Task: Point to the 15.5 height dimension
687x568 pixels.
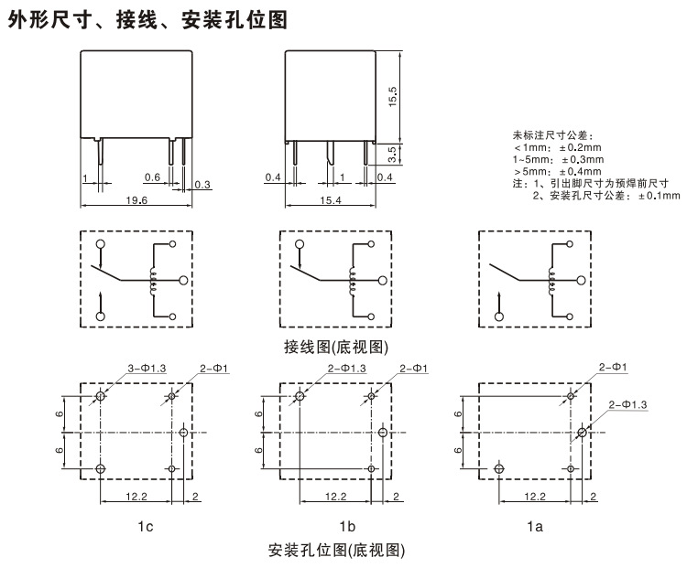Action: pyautogui.click(x=393, y=95)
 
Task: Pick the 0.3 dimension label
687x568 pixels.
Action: pyautogui.click(x=202, y=186)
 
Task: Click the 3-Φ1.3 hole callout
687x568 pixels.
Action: pyautogui.click(x=147, y=368)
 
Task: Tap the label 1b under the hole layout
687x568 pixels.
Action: pyautogui.click(x=346, y=526)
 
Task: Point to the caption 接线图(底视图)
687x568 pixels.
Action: pyautogui.click(x=338, y=347)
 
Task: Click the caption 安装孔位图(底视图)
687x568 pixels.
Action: pyautogui.click(x=336, y=551)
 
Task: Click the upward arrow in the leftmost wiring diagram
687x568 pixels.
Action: pyautogui.click(x=101, y=299)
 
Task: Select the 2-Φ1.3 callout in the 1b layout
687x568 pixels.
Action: pyautogui.click(x=346, y=368)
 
